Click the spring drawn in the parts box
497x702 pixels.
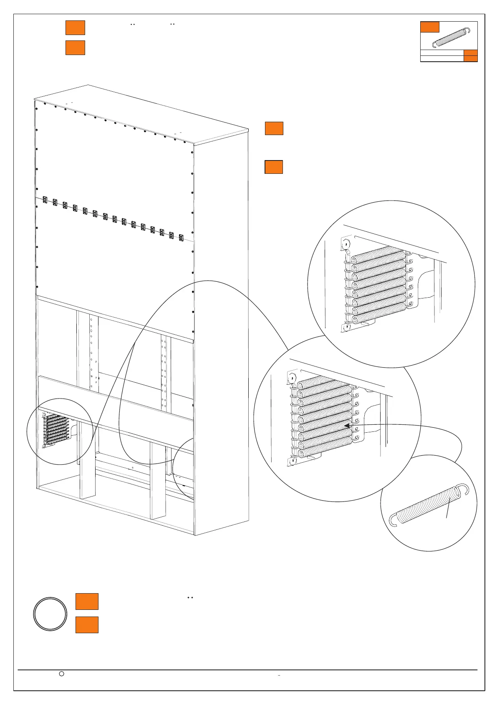click(x=449, y=38)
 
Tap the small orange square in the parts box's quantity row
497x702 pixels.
click(x=471, y=56)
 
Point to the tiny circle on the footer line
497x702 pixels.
click(x=61, y=673)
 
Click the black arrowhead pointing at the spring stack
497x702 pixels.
click(x=347, y=425)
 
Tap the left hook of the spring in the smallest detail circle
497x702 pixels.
click(x=392, y=520)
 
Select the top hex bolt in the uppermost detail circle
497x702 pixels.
click(x=346, y=244)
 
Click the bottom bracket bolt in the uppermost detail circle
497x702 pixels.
click(x=345, y=327)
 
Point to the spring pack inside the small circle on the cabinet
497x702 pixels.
click(x=55, y=429)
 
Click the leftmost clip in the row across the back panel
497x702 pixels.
click(x=45, y=201)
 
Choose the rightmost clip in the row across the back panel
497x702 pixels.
click(x=181, y=238)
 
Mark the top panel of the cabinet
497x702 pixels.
click(x=142, y=113)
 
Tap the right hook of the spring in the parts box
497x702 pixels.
click(x=468, y=30)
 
